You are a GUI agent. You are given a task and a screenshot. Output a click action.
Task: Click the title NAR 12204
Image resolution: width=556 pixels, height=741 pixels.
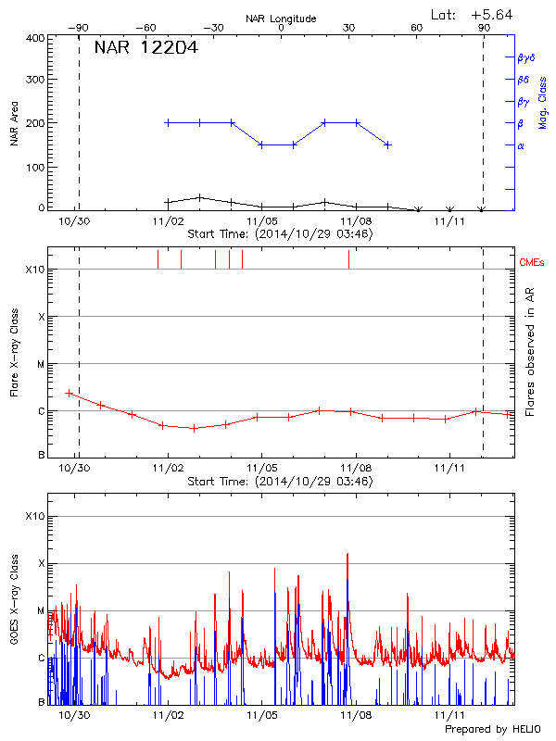click(x=145, y=48)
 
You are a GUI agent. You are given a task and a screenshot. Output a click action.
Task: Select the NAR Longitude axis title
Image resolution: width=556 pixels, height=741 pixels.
click(x=281, y=19)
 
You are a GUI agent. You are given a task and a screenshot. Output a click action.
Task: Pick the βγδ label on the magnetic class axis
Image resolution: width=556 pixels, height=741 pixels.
click(x=524, y=57)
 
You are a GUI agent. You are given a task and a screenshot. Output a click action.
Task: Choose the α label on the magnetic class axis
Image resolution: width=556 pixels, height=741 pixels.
click(x=521, y=145)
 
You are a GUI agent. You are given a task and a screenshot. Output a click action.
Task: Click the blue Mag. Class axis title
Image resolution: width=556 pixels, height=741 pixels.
click(x=542, y=102)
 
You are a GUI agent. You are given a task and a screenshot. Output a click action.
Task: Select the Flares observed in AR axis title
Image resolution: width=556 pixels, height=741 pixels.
click(x=529, y=352)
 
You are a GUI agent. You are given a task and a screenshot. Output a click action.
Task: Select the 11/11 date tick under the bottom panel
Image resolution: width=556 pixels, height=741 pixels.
click(x=449, y=715)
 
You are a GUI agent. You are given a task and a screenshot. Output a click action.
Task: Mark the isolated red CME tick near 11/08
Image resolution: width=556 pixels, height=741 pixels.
click(x=348, y=259)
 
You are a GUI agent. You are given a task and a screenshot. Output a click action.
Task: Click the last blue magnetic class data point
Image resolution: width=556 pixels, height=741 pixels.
click(x=388, y=144)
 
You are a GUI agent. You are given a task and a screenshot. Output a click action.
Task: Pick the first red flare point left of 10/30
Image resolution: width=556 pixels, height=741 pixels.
click(x=69, y=393)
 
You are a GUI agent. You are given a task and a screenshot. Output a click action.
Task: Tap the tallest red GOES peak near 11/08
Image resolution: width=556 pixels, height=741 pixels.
click(x=347, y=554)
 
